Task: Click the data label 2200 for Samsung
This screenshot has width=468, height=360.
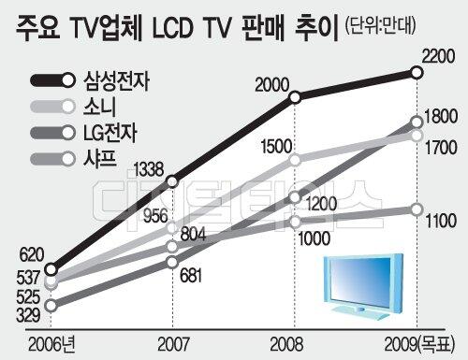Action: tap(438, 56)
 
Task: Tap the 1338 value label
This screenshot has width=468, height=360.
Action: tap(149, 169)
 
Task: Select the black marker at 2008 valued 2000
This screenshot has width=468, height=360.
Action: tap(295, 97)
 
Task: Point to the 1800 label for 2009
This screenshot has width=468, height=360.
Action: tap(441, 117)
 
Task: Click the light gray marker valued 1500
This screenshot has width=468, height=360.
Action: tap(295, 160)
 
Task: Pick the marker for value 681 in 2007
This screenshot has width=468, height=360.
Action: tap(172, 262)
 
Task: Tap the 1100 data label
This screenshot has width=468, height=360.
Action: tap(441, 221)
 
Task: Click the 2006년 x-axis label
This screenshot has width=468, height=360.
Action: tap(51, 344)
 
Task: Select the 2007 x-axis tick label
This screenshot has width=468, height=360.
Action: tap(173, 344)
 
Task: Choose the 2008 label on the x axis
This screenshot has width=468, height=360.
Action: tap(286, 344)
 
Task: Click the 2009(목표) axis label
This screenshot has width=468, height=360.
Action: tap(419, 344)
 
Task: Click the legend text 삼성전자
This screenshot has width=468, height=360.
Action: tap(116, 81)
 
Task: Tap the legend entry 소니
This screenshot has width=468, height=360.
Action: tap(99, 107)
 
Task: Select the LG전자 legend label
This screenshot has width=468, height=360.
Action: tap(110, 133)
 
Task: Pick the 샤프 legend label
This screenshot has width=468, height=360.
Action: tap(100, 158)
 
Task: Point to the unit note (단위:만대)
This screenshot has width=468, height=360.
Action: tap(380, 25)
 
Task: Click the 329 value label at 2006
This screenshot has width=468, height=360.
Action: tap(28, 315)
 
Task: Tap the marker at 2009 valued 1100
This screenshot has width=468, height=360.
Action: tap(417, 209)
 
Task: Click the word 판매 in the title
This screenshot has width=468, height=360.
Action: tap(263, 27)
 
